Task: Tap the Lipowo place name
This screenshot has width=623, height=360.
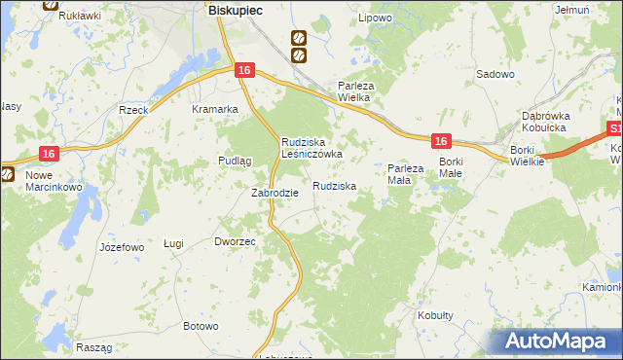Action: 375,18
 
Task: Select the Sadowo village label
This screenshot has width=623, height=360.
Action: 495,74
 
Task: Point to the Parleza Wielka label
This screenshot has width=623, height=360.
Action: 363,91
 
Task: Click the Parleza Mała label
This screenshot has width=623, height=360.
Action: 406,174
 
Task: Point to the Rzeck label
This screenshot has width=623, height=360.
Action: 132,110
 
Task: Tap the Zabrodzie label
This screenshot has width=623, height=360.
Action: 275,193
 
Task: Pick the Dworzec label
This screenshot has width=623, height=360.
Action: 235,240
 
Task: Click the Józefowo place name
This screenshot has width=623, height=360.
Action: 122,247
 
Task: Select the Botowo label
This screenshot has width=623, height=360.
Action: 201,326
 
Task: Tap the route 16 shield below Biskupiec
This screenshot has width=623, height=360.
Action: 244,70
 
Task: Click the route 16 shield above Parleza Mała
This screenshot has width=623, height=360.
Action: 441,141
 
